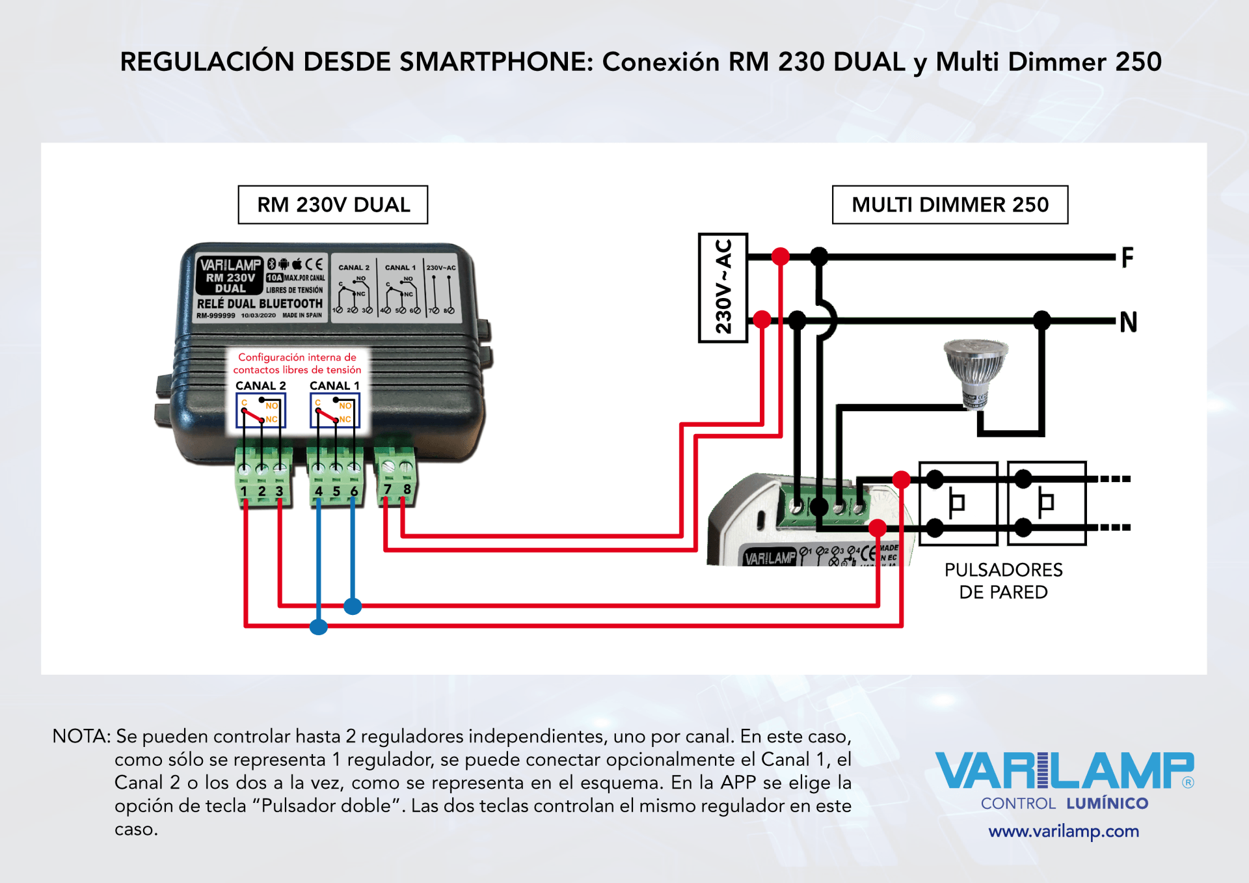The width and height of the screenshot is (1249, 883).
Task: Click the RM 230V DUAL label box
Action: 333,205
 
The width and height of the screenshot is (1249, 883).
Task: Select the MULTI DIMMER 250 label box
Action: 950,205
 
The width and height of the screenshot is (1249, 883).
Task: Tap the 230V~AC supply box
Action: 723,288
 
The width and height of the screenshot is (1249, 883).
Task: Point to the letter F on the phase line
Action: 1127,258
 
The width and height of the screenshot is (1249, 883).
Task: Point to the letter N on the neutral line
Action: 1128,321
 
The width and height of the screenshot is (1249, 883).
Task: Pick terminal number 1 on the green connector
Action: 244,491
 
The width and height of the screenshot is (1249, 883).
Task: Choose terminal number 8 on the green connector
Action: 407,489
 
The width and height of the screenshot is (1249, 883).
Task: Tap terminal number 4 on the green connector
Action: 319,491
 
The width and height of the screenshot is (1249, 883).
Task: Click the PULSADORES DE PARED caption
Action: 1003,581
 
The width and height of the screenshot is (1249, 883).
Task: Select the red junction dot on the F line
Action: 781,256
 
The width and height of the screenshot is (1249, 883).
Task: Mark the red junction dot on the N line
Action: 762,319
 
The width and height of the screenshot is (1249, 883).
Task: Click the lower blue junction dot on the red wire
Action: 319,627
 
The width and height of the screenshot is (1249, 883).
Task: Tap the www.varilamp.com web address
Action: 1064,831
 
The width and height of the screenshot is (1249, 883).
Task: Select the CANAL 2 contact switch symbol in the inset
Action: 261,411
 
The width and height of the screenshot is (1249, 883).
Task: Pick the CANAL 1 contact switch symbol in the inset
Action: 335,411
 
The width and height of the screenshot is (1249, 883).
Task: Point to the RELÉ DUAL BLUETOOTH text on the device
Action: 260,304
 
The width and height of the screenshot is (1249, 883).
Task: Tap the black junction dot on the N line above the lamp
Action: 1042,319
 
